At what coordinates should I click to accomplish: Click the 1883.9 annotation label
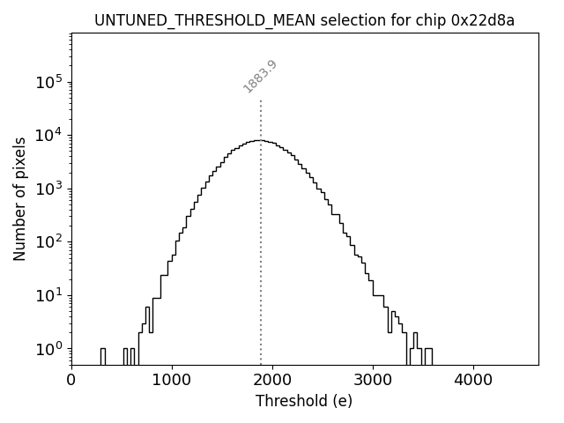(x=260, y=77)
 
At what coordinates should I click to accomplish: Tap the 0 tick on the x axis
(x=71, y=381)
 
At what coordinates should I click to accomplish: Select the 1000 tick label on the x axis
(x=172, y=381)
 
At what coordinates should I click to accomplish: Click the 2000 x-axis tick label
(x=272, y=381)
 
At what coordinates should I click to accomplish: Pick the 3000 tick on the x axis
(x=373, y=381)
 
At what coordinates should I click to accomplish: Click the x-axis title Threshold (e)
(x=304, y=402)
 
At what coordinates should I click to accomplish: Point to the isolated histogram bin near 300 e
(x=102, y=355)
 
